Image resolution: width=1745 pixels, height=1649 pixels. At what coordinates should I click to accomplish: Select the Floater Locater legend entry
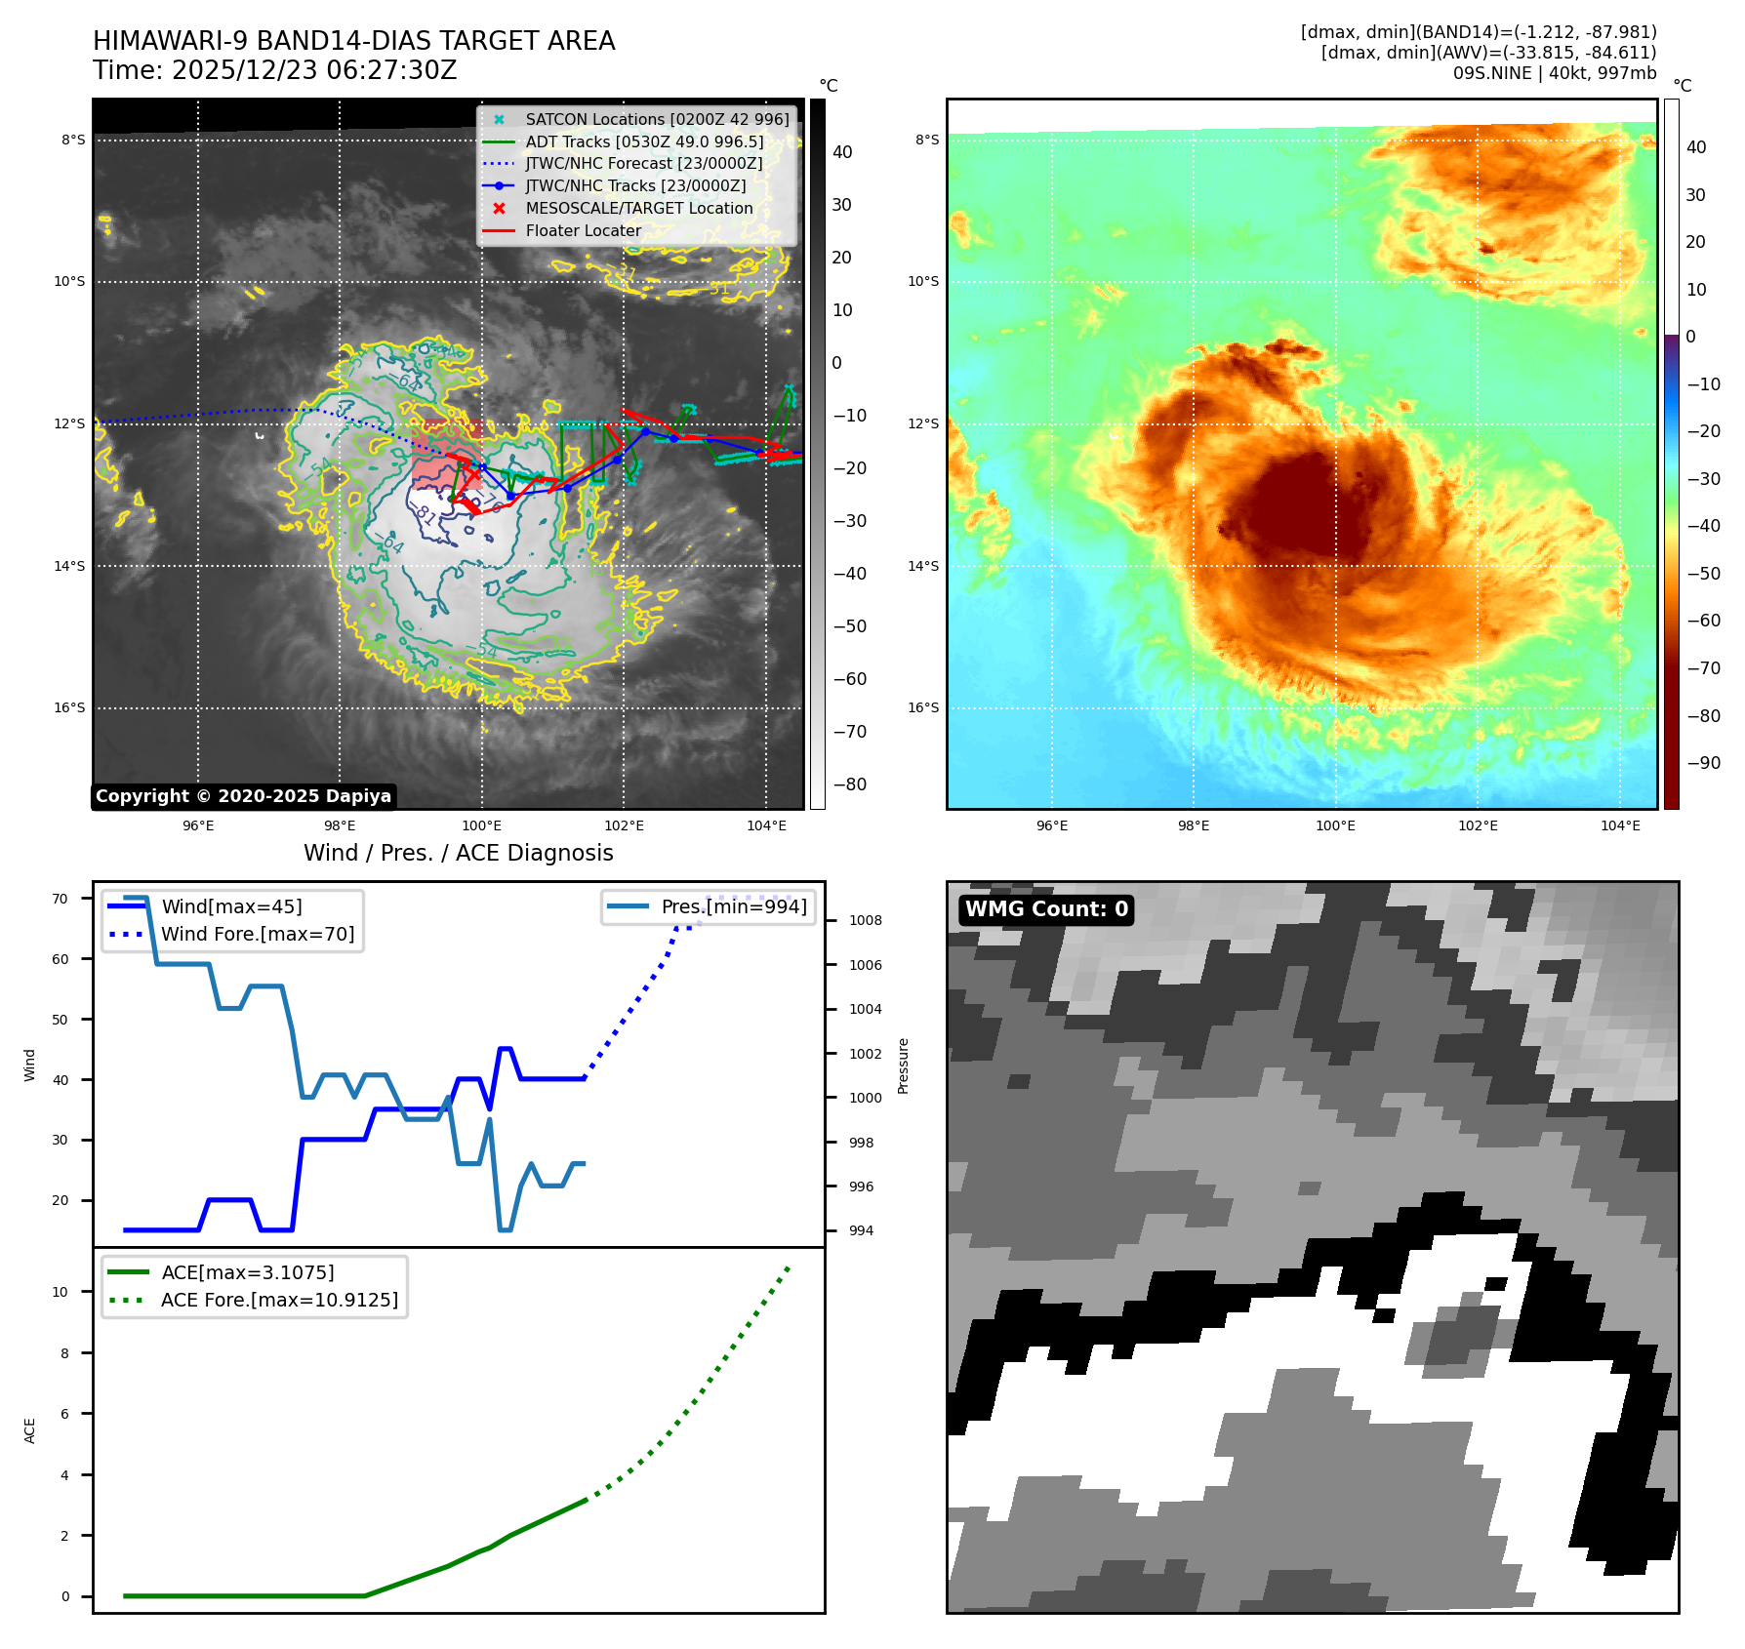(583, 231)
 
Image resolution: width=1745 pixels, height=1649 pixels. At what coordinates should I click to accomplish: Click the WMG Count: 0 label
(1046, 909)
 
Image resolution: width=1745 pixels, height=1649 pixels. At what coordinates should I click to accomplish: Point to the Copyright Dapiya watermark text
(243, 796)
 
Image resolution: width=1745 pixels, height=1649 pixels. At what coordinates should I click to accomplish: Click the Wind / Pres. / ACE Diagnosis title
(458, 853)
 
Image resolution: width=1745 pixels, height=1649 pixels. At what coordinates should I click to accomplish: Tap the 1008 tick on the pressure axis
(865, 920)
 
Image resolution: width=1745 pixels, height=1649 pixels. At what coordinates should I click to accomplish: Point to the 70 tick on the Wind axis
(61, 899)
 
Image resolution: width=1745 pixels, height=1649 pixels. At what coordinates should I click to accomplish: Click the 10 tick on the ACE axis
(61, 1292)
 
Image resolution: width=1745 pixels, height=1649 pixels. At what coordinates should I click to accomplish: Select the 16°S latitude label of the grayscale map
(69, 708)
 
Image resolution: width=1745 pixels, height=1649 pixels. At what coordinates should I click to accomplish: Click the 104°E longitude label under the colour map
(1620, 825)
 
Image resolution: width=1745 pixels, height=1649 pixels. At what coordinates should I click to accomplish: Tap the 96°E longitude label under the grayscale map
(198, 825)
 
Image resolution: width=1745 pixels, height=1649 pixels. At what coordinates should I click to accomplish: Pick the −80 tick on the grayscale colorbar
(849, 784)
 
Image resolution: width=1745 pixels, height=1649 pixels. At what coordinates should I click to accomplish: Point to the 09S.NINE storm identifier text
(1491, 73)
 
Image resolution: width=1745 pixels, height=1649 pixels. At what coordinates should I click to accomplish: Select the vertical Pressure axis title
(904, 1066)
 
